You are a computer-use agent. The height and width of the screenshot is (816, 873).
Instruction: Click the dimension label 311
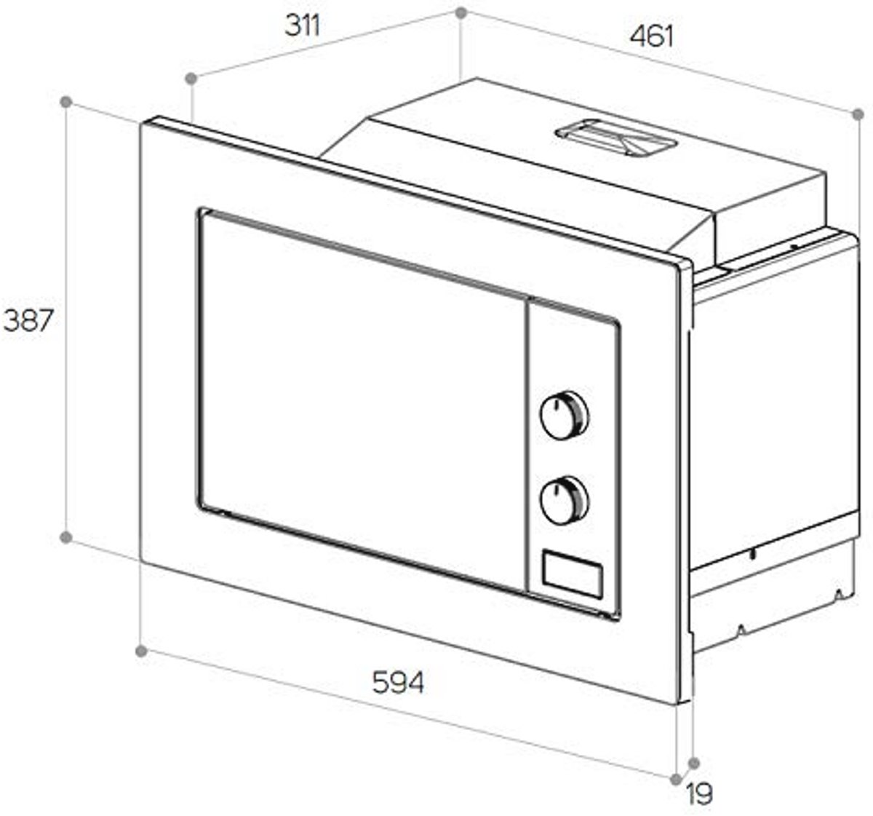click(303, 25)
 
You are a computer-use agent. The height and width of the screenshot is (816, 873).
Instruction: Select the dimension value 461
click(651, 36)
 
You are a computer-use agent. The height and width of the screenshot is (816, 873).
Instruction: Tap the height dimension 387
click(28, 320)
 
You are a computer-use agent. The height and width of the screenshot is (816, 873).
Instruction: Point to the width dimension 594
click(398, 682)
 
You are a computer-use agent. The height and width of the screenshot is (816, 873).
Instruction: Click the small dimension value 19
click(699, 794)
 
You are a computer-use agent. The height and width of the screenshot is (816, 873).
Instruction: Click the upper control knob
click(564, 415)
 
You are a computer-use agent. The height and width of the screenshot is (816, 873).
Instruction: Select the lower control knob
click(564, 500)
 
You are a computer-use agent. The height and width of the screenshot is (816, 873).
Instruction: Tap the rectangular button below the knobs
click(573, 574)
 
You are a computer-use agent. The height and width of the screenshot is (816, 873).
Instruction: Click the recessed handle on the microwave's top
click(617, 138)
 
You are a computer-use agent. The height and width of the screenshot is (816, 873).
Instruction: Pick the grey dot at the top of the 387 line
click(66, 102)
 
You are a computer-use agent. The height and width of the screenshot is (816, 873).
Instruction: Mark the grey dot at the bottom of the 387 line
click(66, 537)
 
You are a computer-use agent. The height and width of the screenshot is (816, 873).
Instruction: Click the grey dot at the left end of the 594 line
click(141, 651)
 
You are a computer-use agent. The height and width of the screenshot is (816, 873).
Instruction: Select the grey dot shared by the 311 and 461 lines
click(461, 13)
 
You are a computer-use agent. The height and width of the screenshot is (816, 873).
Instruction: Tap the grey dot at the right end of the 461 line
click(858, 114)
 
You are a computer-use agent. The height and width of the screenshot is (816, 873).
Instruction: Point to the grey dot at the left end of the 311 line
click(191, 79)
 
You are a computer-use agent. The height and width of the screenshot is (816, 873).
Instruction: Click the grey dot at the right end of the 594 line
click(677, 780)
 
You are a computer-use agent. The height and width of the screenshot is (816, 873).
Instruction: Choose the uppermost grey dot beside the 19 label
click(693, 763)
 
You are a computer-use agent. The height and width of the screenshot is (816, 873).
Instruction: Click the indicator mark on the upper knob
click(557, 404)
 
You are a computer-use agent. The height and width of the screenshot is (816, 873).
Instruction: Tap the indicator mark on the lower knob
click(557, 489)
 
